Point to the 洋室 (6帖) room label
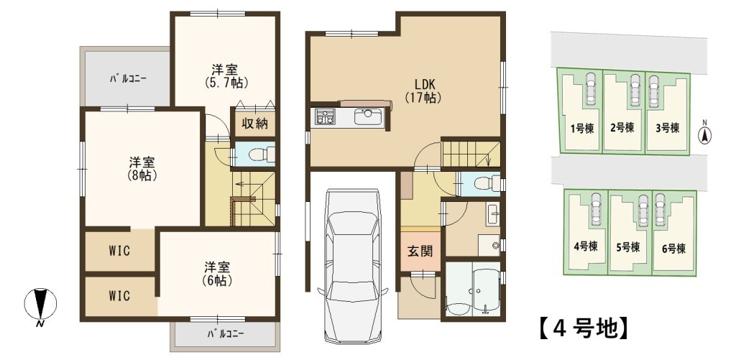coord(218,274)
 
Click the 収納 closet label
coord(254,124)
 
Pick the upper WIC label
coord(119,251)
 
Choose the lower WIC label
coord(119,297)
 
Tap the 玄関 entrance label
coord(419,251)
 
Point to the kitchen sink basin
coord(367,117)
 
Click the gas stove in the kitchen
coord(325,116)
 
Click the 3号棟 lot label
coord(667,128)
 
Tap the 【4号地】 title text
coord(581,328)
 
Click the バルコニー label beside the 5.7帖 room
coord(128,78)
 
